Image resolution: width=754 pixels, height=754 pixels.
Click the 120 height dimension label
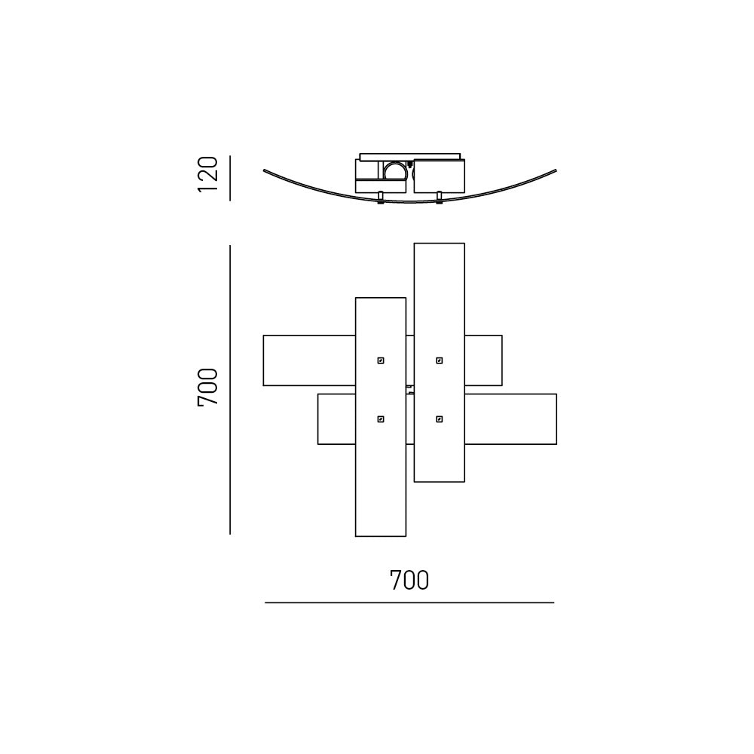tap(208, 174)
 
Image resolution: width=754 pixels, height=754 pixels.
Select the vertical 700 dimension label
tap(208, 387)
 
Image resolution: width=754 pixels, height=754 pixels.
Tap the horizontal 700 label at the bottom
tap(409, 581)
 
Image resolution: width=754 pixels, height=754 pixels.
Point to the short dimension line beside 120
tap(230, 178)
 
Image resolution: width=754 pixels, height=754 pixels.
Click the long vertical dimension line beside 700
tap(230, 390)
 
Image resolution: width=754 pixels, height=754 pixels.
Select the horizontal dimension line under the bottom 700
tap(409, 602)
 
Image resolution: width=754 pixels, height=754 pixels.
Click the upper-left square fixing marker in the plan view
tap(381, 360)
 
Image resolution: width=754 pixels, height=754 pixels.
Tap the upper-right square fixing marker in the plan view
tap(440, 360)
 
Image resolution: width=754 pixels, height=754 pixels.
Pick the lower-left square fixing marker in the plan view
tap(381, 419)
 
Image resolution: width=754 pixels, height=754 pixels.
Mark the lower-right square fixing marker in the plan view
tap(440, 419)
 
